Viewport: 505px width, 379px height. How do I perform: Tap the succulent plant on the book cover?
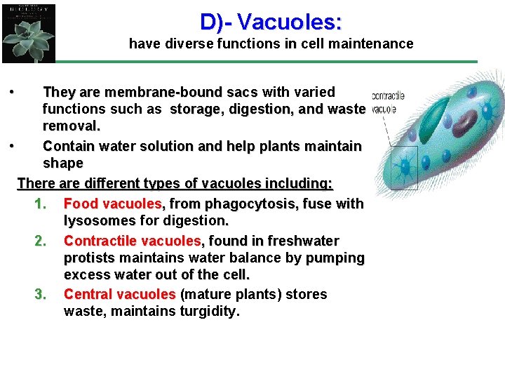27,39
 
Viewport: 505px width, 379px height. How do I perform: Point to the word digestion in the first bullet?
260,109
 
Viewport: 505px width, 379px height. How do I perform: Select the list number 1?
40,204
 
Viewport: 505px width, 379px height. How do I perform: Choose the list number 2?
40,241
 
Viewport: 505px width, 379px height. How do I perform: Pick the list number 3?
40,294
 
